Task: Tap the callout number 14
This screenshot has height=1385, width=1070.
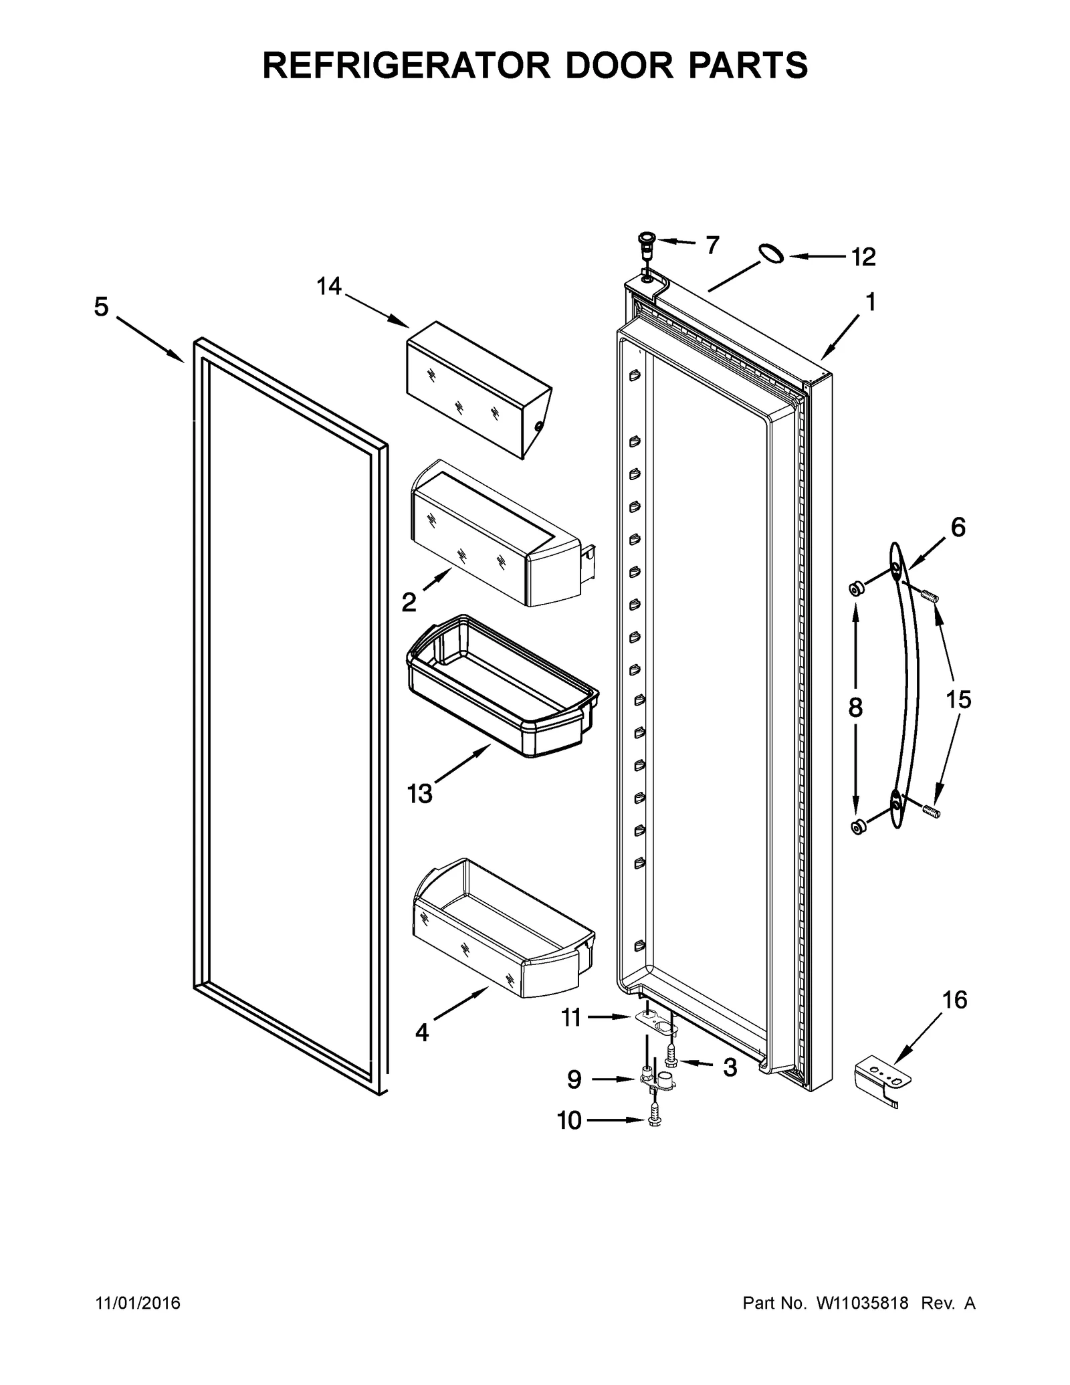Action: point(329,287)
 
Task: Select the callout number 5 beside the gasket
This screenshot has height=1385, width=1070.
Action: point(101,308)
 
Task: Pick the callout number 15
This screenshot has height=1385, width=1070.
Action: point(958,700)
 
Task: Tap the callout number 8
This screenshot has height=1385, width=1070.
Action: point(855,707)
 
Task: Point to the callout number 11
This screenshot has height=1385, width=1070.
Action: point(571,1018)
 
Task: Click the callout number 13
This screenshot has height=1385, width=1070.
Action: point(420,794)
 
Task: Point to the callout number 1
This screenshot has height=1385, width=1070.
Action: point(870,302)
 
